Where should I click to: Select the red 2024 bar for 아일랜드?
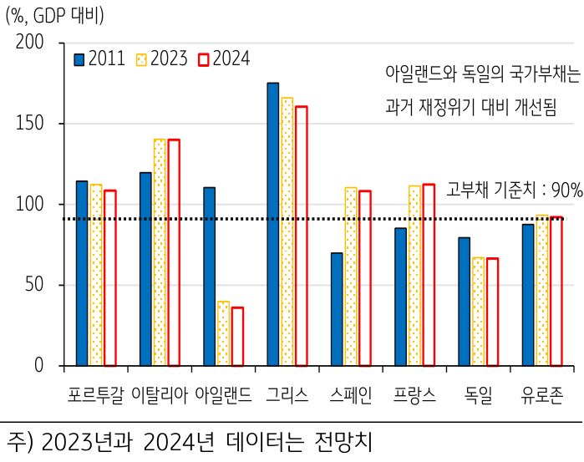pyautogui.click(x=237, y=336)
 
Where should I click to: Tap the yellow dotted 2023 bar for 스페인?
pyautogui.click(x=350, y=277)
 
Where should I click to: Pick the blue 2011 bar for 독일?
pyautogui.click(x=464, y=302)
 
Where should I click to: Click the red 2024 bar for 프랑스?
pyautogui.click(x=429, y=275)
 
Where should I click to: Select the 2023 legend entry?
pyautogui.click(x=163, y=59)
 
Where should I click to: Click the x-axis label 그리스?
pyautogui.click(x=287, y=394)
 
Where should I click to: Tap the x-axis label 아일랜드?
pyautogui.click(x=222, y=394)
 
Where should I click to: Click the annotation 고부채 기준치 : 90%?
pyautogui.click(x=515, y=190)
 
